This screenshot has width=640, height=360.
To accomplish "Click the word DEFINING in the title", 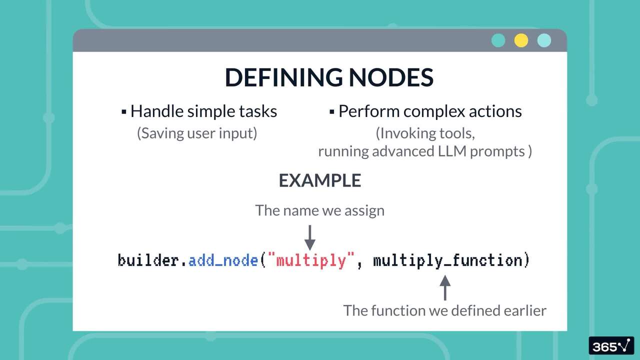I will tap(283, 77).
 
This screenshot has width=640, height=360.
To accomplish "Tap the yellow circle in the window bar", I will tap(521, 40).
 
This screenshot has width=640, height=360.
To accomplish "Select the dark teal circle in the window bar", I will tap(498, 40).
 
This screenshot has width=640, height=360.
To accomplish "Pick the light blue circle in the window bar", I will tap(544, 40).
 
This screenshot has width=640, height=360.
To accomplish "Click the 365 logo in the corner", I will tap(611, 346).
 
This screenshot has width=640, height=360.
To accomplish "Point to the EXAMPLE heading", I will tap(319, 180).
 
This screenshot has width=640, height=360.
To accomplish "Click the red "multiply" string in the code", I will tap(311, 260).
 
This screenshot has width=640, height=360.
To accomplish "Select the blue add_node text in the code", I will tap(223, 260).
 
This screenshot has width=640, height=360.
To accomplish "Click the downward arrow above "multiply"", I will tap(310, 237).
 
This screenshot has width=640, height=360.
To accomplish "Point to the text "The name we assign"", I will tap(319, 210).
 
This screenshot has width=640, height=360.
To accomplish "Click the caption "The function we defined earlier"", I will tap(444, 310).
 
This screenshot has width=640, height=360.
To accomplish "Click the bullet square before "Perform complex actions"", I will tap(331, 111).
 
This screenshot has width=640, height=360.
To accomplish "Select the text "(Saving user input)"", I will tap(197, 133).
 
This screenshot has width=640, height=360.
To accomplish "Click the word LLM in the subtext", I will tap(452, 151).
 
